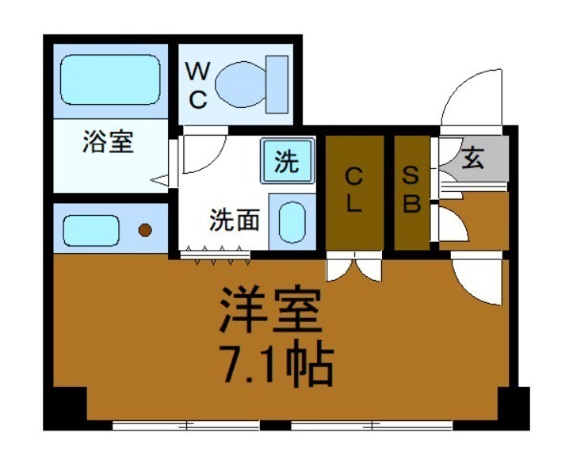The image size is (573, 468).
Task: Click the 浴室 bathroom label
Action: pyautogui.click(x=107, y=144)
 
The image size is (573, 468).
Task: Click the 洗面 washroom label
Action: pyautogui.click(x=235, y=220)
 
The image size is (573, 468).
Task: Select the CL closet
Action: pyautogui.click(x=354, y=192)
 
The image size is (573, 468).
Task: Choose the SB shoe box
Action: pyautogui.click(x=411, y=192)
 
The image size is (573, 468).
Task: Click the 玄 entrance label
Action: pyautogui.click(x=474, y=158)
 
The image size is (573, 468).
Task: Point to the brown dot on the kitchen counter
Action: pyautogui.click(x=145, y=229)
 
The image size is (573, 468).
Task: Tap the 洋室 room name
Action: pyautogui.click(x=271, y=309)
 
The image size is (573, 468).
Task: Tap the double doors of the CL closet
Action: pyautogui.click(x=353, y=268)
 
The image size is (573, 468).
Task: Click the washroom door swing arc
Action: pyautogui.click(x=202, y=153)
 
